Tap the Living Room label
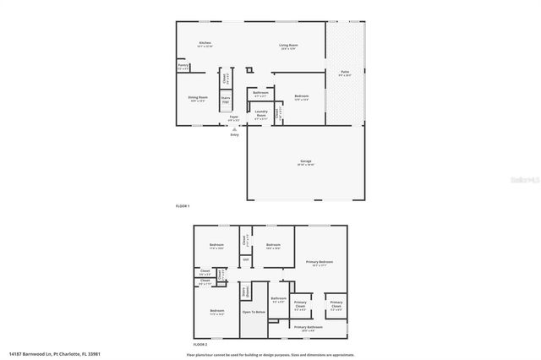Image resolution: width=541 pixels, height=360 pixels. pos(289,46)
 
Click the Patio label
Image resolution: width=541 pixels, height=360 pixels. pos(345,74)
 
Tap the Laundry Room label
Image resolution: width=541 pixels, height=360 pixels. pos(261,112)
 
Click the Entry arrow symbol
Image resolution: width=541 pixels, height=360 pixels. pos(234,128)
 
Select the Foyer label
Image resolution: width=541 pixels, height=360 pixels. pos(233,117)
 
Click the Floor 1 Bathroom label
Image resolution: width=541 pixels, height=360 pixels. pos(260,93)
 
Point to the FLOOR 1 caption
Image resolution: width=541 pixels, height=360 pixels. pos(183,206)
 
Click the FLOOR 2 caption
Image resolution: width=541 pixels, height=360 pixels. pos(200,345)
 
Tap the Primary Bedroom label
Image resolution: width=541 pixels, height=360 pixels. pos(320,263)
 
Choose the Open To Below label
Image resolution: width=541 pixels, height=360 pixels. pos(254,312)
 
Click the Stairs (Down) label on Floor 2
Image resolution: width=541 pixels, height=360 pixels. pos(246,292)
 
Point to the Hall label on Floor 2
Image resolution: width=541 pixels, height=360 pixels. pos(245,259)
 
